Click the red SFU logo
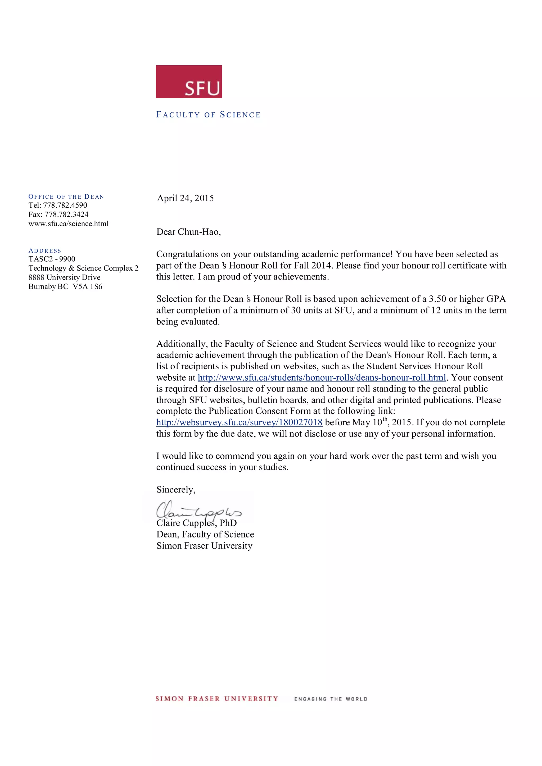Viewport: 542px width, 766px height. point(189,81)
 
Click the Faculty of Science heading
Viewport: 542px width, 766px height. point(208,115)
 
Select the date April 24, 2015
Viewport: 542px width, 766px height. point(185,198)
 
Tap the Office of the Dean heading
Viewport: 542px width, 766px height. point(66,197)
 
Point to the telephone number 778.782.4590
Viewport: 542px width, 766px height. point(65,205)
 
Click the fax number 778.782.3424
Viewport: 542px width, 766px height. point(66,215)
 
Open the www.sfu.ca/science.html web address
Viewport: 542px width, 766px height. point(69,224)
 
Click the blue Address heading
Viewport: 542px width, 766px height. point(45,250)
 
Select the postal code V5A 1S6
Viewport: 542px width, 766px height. point(87,286)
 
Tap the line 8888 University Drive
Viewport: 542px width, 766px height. point(64,277)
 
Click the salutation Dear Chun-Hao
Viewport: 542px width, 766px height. point(189,232)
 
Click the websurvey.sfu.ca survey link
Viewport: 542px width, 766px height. point(239,422)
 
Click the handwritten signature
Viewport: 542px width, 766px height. point(198,509)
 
